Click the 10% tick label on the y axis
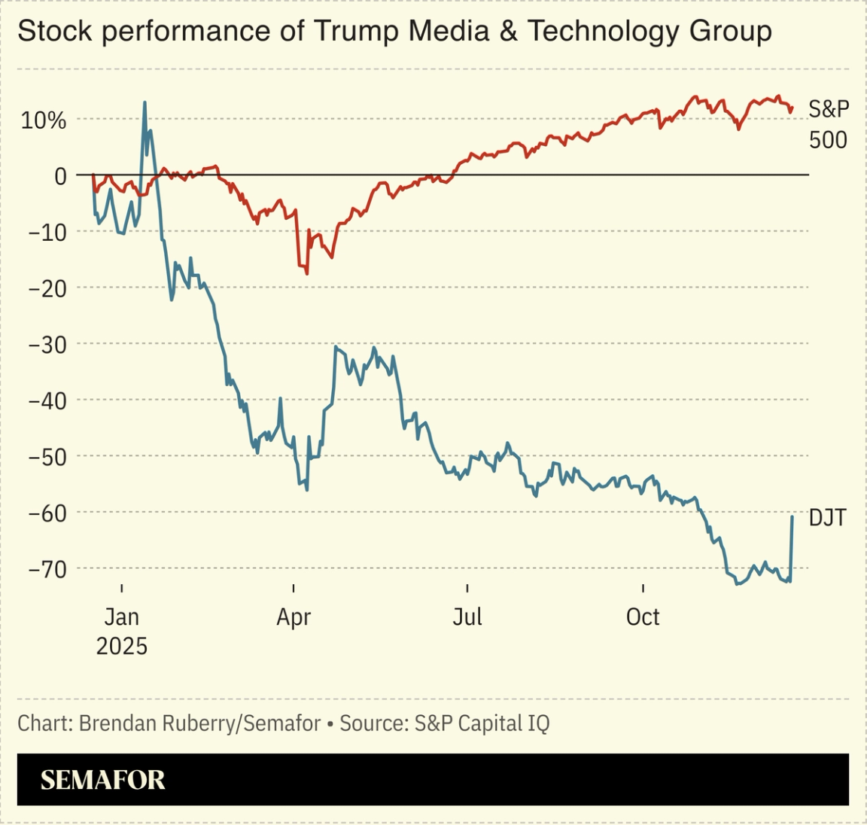[44, 120]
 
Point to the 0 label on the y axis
[60, 176]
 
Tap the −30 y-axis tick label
[47, 344]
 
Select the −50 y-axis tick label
[47, 456]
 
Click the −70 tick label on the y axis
[47, 568]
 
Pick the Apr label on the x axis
[294, 617]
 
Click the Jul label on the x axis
[467, 617]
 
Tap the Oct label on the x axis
[643, 617]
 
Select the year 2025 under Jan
[122, 646]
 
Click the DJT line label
[827, 518]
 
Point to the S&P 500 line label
[828, 124]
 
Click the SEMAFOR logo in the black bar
[102, 780]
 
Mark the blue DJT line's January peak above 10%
[144, 102]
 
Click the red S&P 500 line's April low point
[307, 273]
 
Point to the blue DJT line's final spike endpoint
[792, 516]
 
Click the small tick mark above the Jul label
[467, 588]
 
